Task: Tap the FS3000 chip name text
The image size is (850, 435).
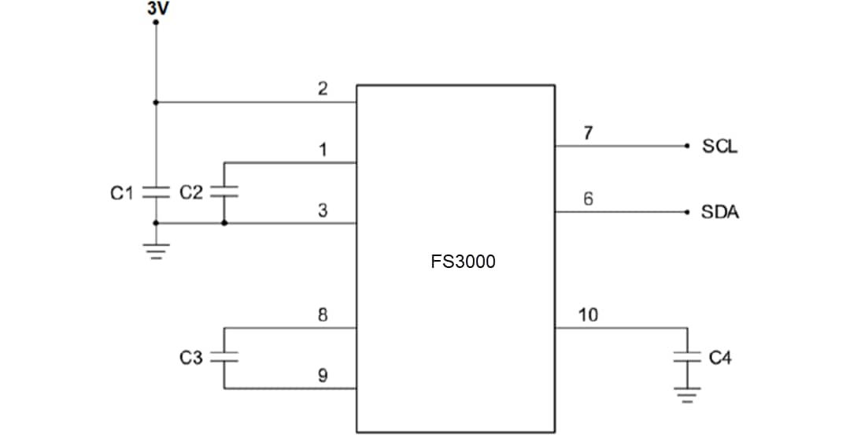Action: [463, 262]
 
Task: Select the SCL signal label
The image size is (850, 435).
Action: [720, 147]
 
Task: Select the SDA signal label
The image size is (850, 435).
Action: [720, 213]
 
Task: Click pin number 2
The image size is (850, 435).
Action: [323, 89]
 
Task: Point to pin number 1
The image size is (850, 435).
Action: [323, 150]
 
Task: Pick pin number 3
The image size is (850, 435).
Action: [323, 210]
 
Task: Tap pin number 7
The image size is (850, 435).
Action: [588, 133]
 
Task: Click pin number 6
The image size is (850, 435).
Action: [588, 199]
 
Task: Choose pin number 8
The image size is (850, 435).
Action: [323, 315]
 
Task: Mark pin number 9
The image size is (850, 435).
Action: [323, 376]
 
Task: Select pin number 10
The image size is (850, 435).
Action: [588, 315]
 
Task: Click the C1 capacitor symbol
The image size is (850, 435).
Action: [156, 192]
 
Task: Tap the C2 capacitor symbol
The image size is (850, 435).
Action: [224, 192]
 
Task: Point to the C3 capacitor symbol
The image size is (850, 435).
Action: [224, 357]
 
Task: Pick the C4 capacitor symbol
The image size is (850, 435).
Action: [687, 357]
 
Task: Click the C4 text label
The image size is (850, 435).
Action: [720, 358]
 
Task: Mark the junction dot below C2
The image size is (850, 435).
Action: [224, 224]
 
